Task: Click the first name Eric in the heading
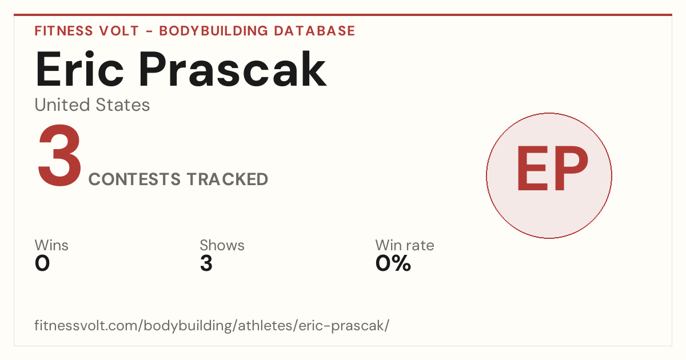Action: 79,69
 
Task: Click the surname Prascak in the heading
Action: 233,69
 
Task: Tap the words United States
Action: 92,105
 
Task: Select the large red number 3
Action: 59,155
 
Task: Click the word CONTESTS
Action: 134,179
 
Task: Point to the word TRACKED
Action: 228,179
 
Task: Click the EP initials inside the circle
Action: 552,168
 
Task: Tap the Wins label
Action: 51,245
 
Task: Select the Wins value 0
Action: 42,263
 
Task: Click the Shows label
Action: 222,245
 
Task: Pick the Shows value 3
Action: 206,263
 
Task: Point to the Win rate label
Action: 405,245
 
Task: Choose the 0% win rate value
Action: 393,263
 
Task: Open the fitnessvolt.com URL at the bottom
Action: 212,326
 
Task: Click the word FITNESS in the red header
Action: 63,31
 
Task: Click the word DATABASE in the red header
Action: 314,31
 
